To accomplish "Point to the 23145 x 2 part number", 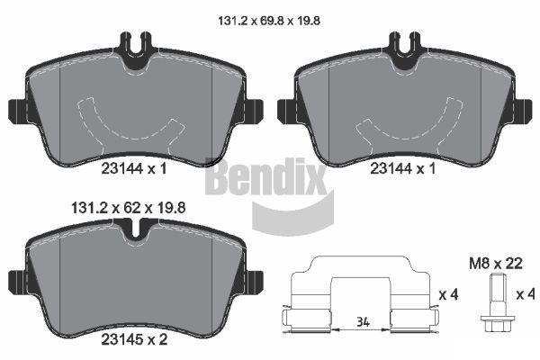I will (134, 341).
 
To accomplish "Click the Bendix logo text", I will (265, 179).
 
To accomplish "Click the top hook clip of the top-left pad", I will (134, 43).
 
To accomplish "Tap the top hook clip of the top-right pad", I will (403, 43).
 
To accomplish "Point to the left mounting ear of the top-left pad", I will (17, 111).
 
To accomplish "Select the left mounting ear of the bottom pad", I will (15, 281).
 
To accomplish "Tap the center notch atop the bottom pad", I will (134, 231).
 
